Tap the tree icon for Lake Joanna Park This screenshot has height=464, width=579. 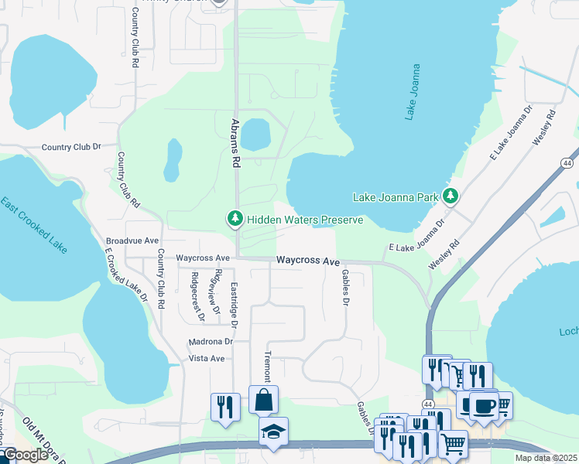click(x=451, y=197)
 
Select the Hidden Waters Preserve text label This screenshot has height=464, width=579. click(x=305, y=220)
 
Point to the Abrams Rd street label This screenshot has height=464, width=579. click(x=234, y=144)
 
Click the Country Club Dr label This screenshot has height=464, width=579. click(x=71, y=147)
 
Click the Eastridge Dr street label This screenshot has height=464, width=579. click(x=233, y=304)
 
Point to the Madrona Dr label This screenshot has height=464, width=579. click(x=210, y=341)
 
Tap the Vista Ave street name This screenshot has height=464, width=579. click(x=207, y=359)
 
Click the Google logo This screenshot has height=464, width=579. click(x=26, y=455)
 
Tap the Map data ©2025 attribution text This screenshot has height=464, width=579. click(x=546, y=458)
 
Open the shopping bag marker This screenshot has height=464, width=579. click(x=263, y=400)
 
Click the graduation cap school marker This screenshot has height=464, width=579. click(x=272, y=432)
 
